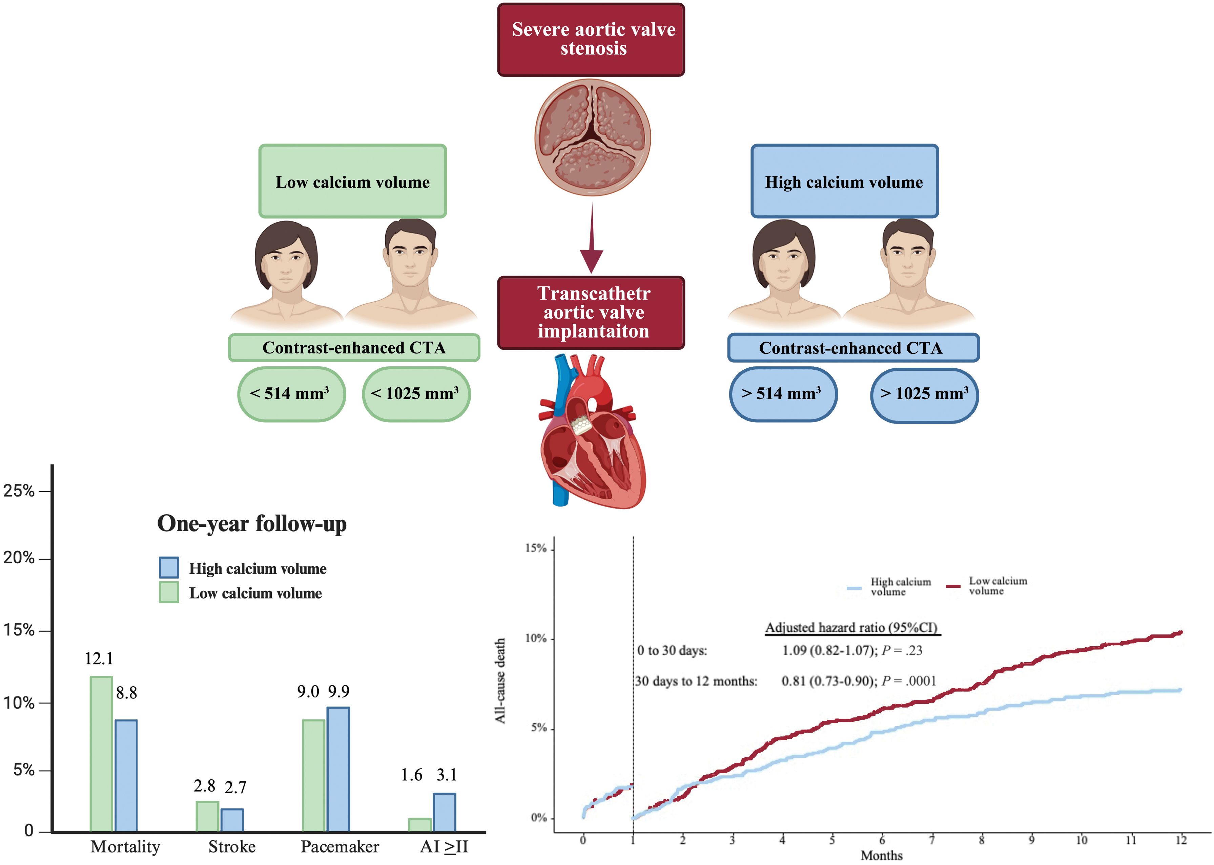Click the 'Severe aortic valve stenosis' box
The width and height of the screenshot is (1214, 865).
591,39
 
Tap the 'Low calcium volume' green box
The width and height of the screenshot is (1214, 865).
352,181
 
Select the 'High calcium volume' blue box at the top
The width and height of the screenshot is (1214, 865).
844,181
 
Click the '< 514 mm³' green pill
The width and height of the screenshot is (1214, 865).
291,394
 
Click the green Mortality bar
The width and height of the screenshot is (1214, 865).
101,753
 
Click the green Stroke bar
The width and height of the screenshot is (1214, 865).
207,816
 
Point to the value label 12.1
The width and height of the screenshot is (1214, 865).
99,659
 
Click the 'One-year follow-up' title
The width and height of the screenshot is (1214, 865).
251,524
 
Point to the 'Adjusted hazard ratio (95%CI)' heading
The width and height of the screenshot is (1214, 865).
851,627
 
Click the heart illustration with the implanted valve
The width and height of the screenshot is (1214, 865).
592,431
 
